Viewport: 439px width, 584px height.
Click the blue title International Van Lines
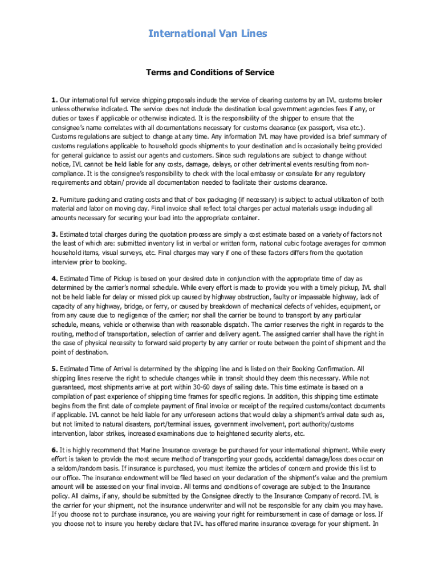[x=208, y=34]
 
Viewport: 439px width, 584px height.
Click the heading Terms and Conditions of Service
[x=210, y=72]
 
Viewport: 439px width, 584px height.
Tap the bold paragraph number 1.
[x=54, y=100]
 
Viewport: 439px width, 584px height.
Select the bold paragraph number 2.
[x=54, y=200]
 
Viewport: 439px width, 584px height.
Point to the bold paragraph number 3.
[x=54, y=234]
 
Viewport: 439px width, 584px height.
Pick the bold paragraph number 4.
[x=54, y=279]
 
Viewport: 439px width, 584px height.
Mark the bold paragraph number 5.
[x=54, y=369]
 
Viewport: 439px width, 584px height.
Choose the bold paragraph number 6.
[x=54, y=451]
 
